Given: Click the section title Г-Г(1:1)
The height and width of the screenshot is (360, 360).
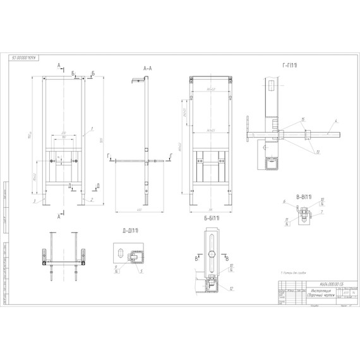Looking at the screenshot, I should pos(291,65).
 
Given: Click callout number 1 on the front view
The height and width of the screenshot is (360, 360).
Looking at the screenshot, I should pos(92,129).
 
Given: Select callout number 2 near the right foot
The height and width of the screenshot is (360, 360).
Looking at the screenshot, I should pos(92,198).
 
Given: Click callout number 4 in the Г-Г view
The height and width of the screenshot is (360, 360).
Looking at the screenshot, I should pos(337,120).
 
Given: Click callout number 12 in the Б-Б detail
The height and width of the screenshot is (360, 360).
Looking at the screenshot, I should pos(232,289).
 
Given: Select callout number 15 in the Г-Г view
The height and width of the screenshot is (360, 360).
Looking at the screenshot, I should pos(303,118).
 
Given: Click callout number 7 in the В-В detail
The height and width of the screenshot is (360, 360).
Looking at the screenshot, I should pos(323,213).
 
